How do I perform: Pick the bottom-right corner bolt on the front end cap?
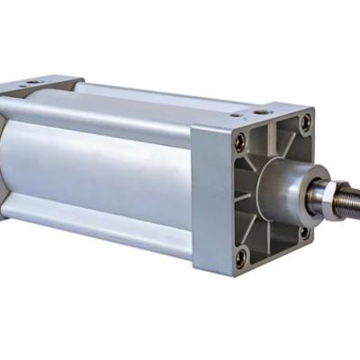(x=304, y=231)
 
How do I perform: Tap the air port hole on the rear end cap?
(x=32, y=83)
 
